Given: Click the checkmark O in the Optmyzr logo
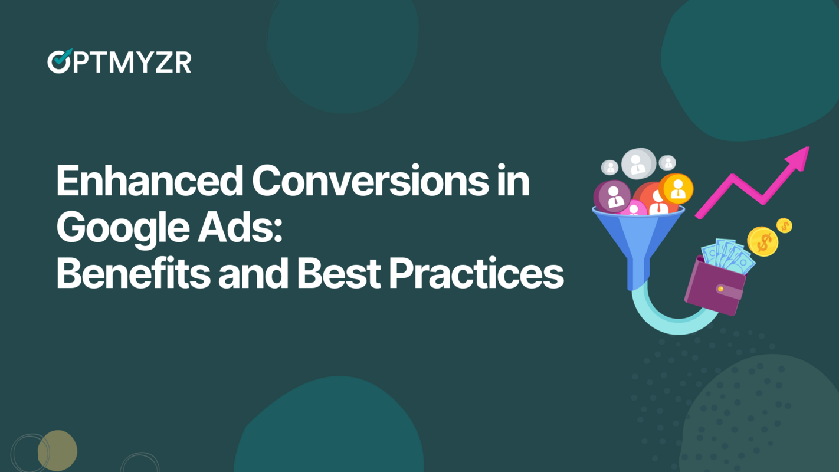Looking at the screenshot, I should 59,62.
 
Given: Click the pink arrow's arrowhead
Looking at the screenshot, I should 798,158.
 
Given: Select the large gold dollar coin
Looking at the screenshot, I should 762,241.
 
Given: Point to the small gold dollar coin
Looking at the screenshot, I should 784,225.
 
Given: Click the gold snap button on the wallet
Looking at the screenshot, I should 720,289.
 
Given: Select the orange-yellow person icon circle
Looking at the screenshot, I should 676,188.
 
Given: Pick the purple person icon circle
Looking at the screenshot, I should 612,196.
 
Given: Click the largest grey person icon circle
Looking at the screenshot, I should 638,163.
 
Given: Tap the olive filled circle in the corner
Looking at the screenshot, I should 57,451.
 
